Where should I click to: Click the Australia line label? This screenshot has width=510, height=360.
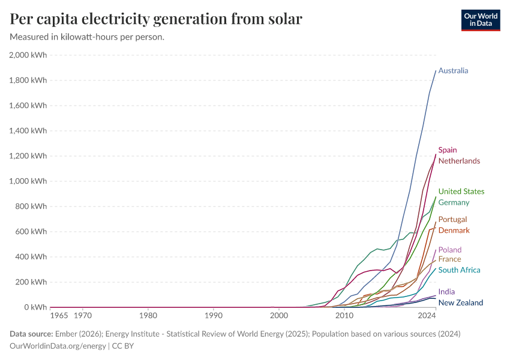coord(453,71)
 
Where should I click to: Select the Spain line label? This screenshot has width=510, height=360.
coord(448,150)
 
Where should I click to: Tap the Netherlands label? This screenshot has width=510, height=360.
coord(459,161)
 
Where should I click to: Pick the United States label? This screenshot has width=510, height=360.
coord(461,192)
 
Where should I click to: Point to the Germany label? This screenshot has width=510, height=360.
coord(454,203)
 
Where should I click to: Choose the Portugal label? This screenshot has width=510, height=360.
coord(452,220)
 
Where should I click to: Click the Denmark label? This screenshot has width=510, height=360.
coord(454,230)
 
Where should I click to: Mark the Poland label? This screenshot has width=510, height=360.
coord(449,250)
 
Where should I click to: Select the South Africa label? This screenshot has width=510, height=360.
coord(459,270)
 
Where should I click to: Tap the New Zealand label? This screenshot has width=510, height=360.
coord(460,303)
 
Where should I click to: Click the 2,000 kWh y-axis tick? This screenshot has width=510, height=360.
coord(28,55)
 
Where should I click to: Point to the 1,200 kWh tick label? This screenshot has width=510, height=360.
coord(28,156)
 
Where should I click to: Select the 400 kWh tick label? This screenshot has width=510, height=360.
coord(31,257)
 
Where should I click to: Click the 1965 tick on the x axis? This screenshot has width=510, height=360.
coord(59,315)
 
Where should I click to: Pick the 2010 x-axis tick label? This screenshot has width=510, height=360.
coord(344,315)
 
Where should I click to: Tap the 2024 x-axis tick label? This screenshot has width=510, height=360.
coord(427,315)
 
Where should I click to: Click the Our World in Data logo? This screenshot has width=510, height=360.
coord(480,20)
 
